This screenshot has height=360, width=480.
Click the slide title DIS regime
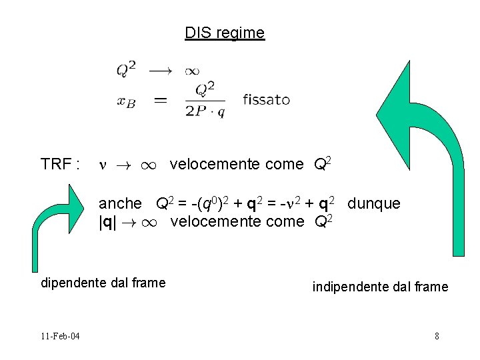[x=225, y=32]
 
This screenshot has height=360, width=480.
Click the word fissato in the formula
[x=266, y=100]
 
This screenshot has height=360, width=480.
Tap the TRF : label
[x=61, y=165]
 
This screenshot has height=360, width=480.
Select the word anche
[x=120, y=203]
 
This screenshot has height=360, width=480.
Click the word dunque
[x=374, y=203]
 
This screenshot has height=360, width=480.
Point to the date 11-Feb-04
[x=59, y=335]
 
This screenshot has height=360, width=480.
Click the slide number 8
[x=437, y=335]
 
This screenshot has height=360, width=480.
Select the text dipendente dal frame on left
[x=103, y=283]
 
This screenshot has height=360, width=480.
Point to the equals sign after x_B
[x=161, y=100]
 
